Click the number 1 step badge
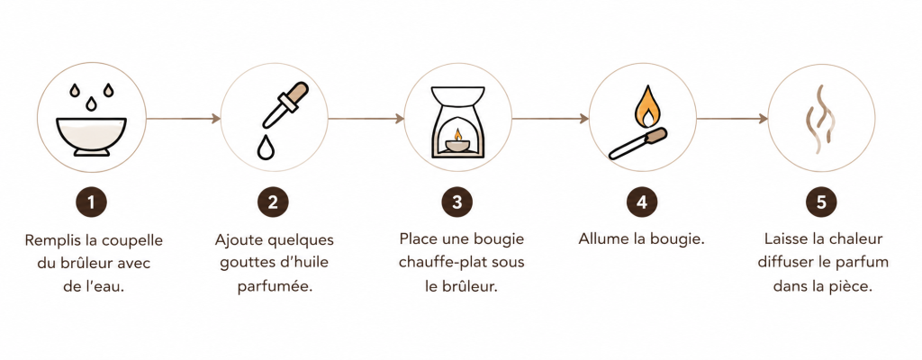91,202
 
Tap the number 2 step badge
273,202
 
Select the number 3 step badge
456,202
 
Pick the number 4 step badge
641,202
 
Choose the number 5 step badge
821,202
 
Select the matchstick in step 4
637,143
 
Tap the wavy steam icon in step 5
820,120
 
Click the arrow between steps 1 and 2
183,119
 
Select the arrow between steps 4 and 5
732,119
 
